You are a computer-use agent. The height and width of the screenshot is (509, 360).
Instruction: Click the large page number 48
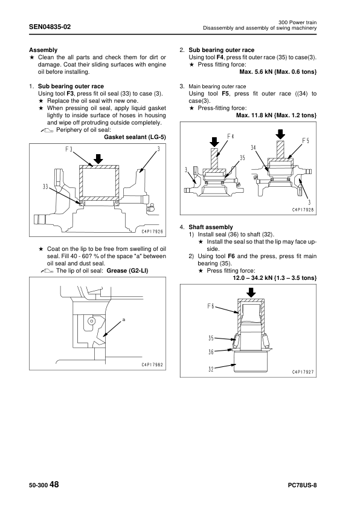54,485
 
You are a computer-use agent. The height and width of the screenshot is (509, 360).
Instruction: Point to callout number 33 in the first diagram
46,186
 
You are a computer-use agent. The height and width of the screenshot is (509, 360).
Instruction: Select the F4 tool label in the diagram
230,135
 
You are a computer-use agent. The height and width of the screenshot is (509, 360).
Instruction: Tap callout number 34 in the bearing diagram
254,148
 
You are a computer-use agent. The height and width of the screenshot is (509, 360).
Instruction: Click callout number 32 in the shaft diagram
211,368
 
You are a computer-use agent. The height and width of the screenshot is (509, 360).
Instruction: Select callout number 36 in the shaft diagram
211,351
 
